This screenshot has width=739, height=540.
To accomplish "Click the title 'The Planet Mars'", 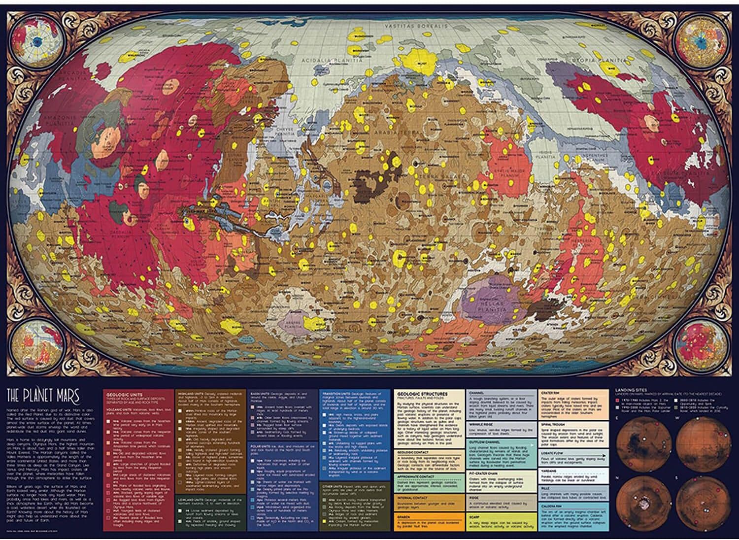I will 42,395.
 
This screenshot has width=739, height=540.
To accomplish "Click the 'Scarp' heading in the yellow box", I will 474,517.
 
